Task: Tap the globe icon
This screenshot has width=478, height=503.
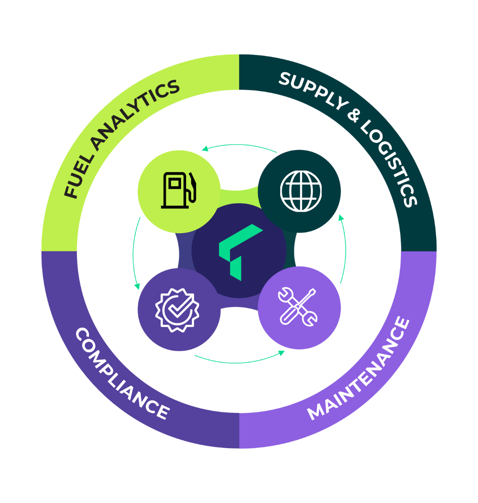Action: (301, 191)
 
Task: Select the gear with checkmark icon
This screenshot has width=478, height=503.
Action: (177, 310)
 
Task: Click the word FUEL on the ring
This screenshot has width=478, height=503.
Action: (78, 179)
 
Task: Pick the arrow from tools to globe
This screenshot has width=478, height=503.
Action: (344, 249)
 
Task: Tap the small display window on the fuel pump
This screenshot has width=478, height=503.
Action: (174, 183)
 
